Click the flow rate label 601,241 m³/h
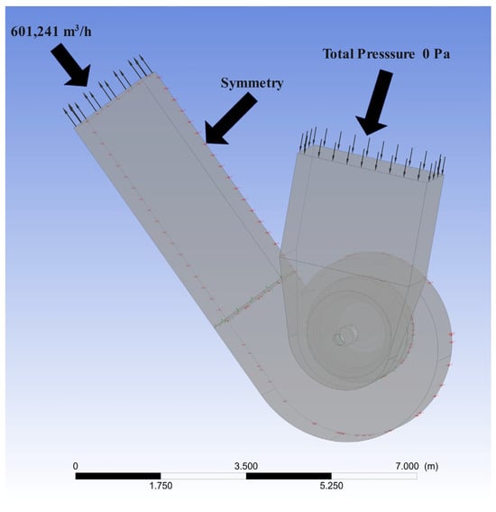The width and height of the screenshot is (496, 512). coord(51,32)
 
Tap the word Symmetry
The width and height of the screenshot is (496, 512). coord(252,83)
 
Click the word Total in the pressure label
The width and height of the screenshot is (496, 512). coord(338,54)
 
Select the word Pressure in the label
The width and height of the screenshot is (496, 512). coord(386,54)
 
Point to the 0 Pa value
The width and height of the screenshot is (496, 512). coord(436,54)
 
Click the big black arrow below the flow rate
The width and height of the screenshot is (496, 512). coord(71,66)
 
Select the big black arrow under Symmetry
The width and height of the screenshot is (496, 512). coord(231,119)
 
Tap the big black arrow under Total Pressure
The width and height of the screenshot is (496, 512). coord(374,102)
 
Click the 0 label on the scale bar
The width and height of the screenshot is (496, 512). coord(76,466)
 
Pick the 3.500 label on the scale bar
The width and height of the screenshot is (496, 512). coord(246,466)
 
